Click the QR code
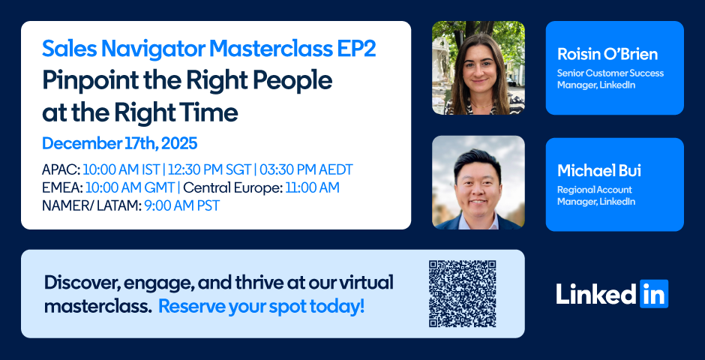pos(462,293)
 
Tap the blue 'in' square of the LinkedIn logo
pos(654,293)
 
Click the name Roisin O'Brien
pos(607,54)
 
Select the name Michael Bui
pos(599,171)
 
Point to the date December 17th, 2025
pos(119,144)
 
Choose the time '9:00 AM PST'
pos(182,205)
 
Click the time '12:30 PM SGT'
pos(208,170)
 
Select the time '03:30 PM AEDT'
pos(305,170)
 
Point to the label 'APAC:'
pos(61,170)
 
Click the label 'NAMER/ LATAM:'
pos(91,205)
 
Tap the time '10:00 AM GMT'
pos(130,187)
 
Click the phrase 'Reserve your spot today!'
pos(262,307)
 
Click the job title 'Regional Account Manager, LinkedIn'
pos(596,196)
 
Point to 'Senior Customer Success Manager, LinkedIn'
pos(610,79)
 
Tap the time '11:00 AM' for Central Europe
pos(312,187)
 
